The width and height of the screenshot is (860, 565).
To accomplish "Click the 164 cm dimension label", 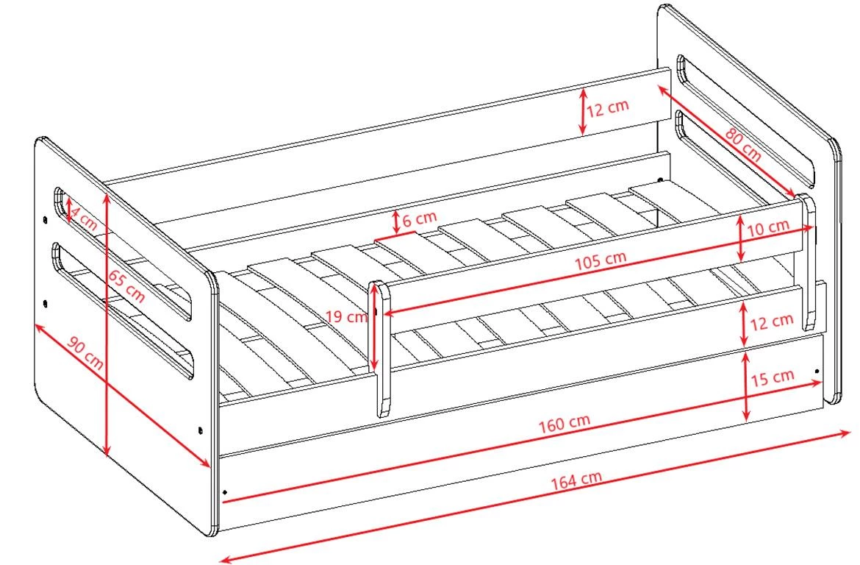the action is pos(576,480).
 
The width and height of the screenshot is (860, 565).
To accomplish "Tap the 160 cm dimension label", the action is pos(564,423).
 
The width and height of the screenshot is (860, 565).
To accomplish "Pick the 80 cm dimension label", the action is pos(743,145).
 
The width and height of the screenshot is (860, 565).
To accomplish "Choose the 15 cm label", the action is pos(773,377).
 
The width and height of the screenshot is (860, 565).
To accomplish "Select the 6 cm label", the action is pos(420,220).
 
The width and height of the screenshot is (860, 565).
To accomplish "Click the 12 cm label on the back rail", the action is pos(607,107).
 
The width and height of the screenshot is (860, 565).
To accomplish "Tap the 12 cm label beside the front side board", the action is pos(772,321).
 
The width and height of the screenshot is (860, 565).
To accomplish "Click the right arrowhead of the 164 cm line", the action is pos(850,433).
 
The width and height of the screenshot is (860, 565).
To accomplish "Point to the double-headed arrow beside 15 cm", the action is pos(746,386).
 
